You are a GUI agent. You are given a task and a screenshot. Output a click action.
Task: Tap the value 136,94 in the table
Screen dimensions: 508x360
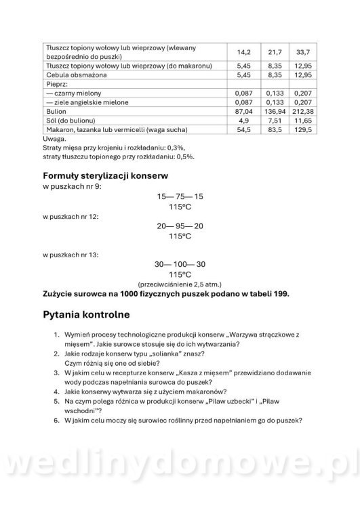coord(275,110)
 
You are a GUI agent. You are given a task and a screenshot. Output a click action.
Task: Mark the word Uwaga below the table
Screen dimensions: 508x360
coord(54,137)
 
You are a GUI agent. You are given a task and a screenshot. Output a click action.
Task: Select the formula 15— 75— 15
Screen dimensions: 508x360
coord(180,196)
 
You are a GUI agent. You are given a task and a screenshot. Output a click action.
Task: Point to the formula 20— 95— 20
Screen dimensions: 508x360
coord(180,226)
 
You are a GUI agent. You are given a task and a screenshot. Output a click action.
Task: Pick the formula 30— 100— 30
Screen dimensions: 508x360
coord(180,263)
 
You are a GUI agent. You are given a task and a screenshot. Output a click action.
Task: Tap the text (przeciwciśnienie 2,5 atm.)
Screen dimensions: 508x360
coord(180,284)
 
